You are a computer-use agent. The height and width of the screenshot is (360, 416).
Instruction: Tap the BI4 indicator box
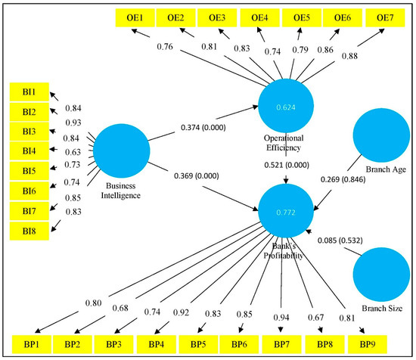click(28, 151)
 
